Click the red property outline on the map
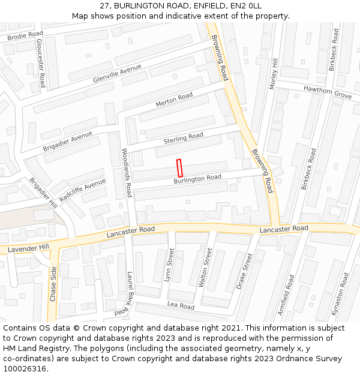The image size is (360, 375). [x=179, y=167]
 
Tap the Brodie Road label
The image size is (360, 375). [x=25, y=36]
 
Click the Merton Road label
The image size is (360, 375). [x=174, y=100]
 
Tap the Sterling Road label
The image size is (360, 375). [x=184, y=139]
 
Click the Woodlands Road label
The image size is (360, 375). [x=127, y=173]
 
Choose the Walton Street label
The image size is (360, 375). [x=205, y=267]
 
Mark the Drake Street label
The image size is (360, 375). [x=245, y=271]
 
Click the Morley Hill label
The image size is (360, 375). [x=274, y=74]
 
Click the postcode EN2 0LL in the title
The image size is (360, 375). [x=244, y=5]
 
